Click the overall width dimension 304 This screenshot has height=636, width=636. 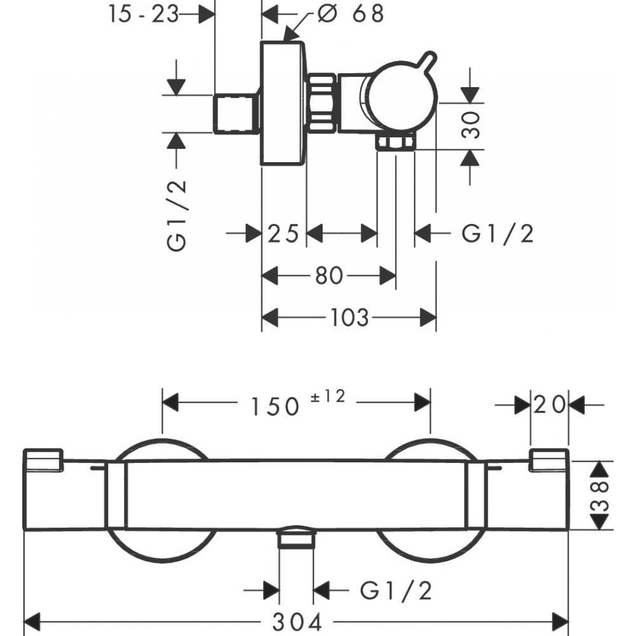[x=297, y=621]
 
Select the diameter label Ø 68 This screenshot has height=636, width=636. [x=350, y=14]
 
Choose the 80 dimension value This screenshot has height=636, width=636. [x=329, y=276]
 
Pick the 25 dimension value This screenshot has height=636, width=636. [x=284, y=234]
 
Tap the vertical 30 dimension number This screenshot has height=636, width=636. [x=471, y=125]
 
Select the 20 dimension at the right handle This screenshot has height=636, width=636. [x=550, y=405]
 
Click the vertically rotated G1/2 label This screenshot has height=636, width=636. [x=178, y=214]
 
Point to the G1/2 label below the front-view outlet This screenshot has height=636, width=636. [x=396, y=591]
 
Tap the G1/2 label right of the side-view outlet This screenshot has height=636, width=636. [x=497, y=234]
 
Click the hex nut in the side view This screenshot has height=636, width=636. [x=322, y=103]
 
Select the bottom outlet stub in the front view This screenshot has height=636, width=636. [x=296, y=539]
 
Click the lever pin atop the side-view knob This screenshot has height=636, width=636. [x=429, y=62]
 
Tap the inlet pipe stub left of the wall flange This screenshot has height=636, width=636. [x=235, y=114]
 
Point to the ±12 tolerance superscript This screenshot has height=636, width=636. [x=328, y=397]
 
